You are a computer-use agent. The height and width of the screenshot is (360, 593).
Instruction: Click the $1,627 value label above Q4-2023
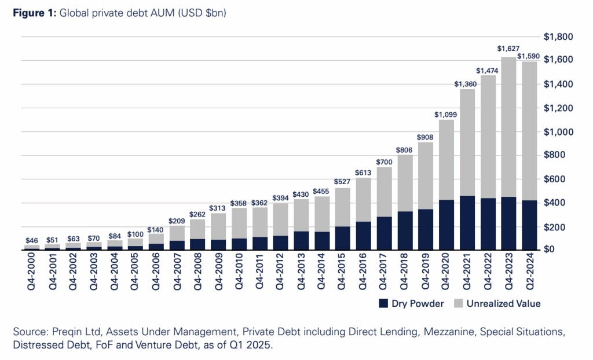point(508,49)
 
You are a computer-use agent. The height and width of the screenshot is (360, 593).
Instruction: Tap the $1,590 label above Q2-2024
point(529,56)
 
